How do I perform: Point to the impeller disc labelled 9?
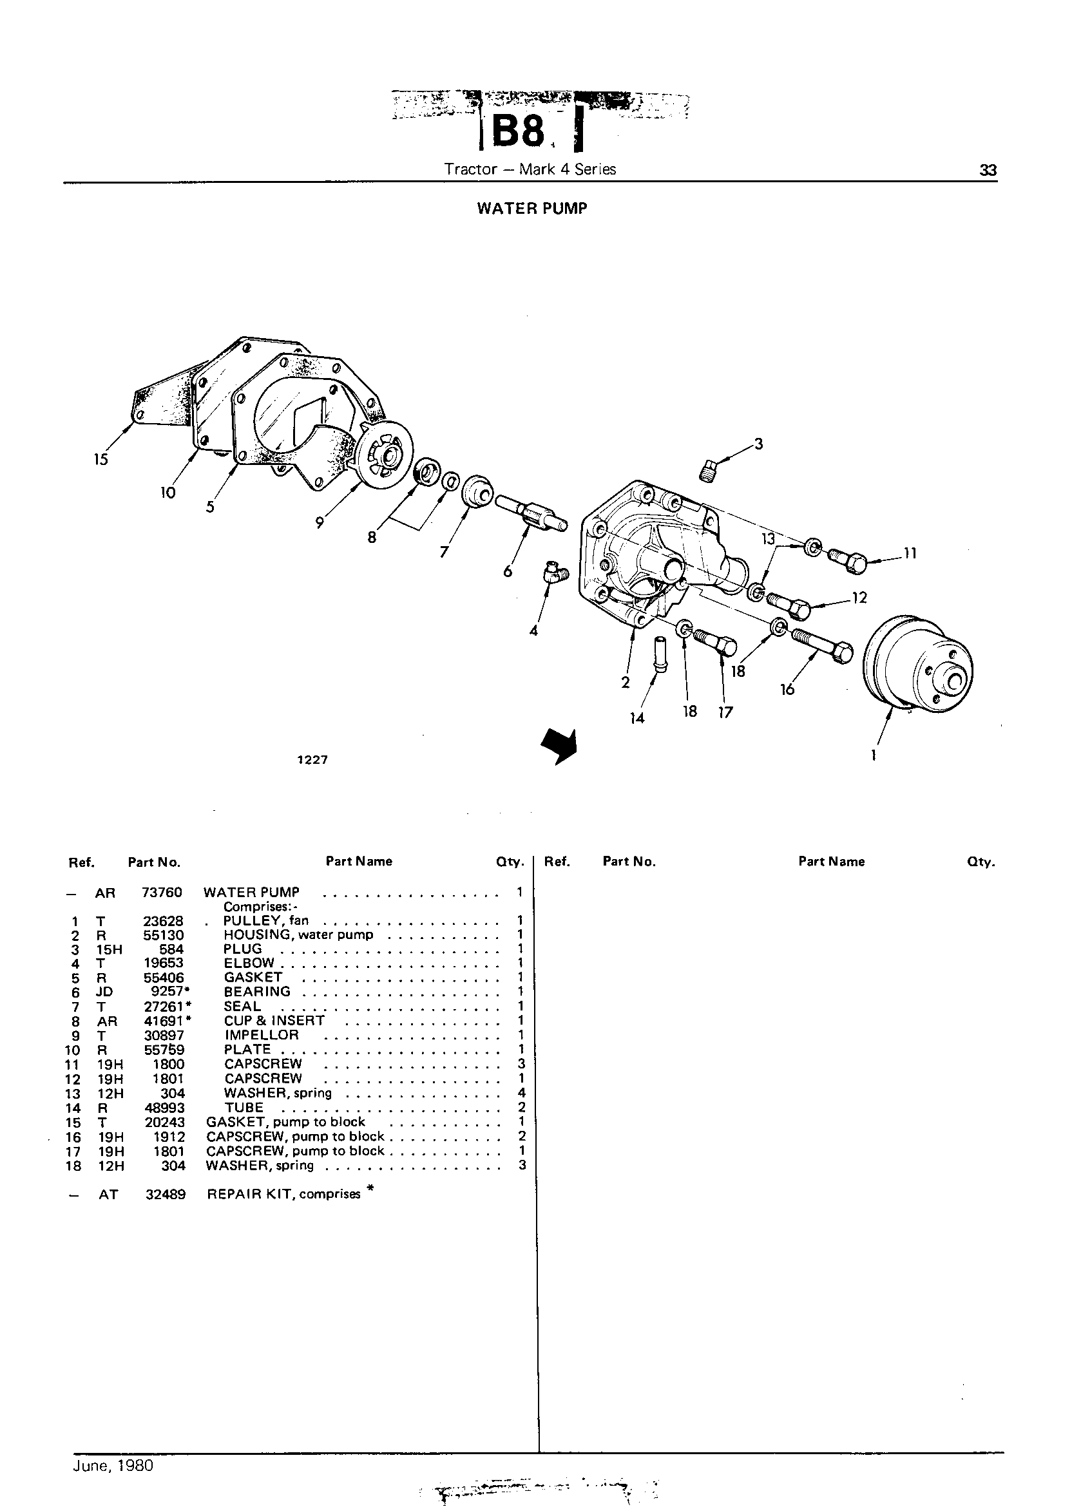(383, 456)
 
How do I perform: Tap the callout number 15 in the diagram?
(100, 459)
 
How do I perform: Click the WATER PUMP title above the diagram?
(532, 209)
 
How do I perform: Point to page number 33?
(988, 170)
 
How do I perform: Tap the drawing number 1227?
(312, 760)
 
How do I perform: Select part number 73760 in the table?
(162, 893)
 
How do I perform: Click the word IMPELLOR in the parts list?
(262, 1035)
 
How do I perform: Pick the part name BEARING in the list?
(257, 992)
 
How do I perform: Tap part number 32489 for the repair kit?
(165, 1194)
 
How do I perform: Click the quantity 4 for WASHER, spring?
(521, 1094)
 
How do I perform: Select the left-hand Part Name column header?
(359, 861)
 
